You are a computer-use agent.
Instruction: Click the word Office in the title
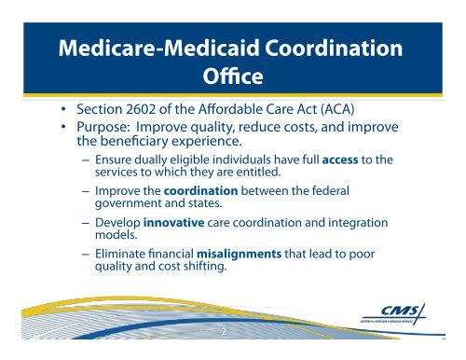[233, 76]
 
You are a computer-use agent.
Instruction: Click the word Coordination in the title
[334, 48]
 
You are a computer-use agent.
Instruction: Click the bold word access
[340, 160]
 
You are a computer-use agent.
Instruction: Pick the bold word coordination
[200, 191]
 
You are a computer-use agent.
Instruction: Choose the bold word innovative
[173, 223]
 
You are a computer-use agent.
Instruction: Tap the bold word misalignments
[240, 254]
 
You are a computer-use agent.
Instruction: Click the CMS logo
[394, 314]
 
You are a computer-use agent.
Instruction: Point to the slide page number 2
[224, 332]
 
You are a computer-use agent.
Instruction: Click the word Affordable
[230, 109]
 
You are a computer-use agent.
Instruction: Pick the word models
[116, 235]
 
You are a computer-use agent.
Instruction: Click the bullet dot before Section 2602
[63, 109]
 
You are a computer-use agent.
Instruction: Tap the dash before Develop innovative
[86, 223]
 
